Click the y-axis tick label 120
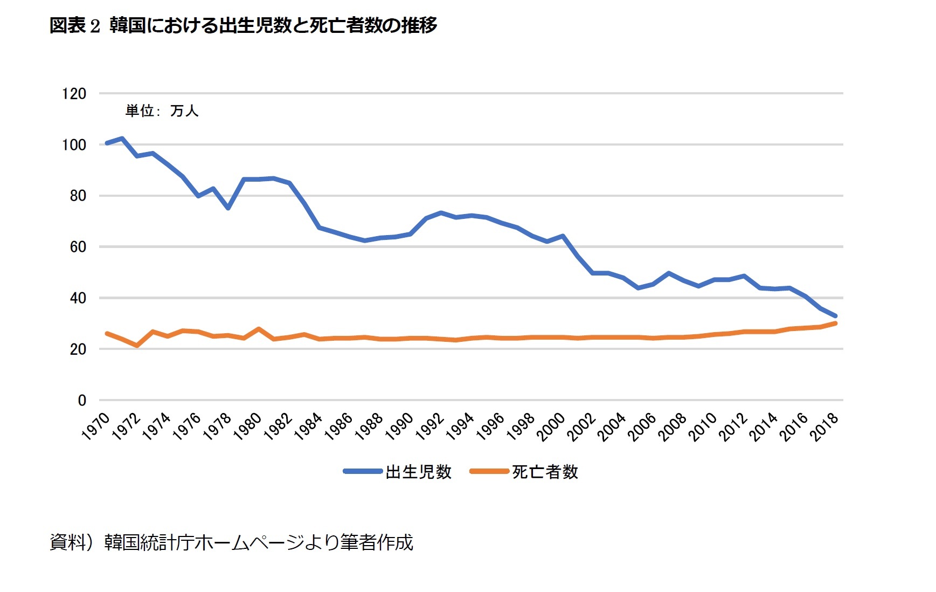tap(74, 94)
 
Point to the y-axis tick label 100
tap(74, 145)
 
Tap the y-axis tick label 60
tap(78, 247)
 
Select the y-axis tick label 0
tap(82, 401)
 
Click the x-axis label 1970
tap(96, 426)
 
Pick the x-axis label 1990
tap(400, 426)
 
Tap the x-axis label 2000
tap(552, 426)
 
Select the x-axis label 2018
tap(825, 426)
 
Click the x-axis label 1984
tap(309, 426)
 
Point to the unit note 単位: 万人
tap(162, 111)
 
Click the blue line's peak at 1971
tap(122, 139)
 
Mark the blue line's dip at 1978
tap(228, 208)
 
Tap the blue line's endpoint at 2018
tap(835, 316)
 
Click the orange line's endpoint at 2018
tap(835, 323)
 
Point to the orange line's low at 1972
tap(137, 346)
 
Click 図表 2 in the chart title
tap(74, 25)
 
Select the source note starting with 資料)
tap(231, 542)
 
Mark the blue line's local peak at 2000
tap(563, 236)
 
